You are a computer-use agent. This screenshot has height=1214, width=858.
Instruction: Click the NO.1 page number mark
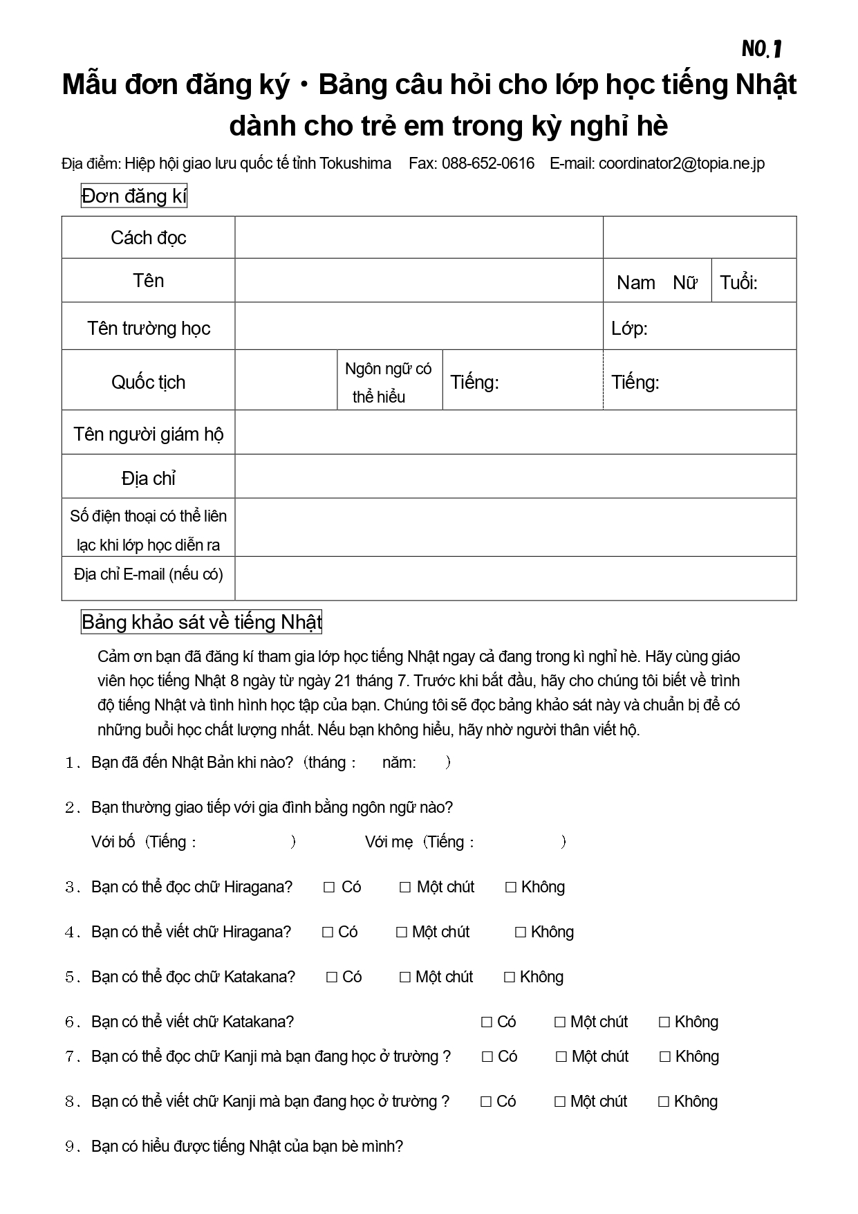point(761,48)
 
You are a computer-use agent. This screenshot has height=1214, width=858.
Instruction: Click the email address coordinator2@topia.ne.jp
point(681,164)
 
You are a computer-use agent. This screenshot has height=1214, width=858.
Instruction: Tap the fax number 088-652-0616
point(487,164)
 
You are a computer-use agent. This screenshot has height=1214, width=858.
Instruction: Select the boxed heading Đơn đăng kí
point(134,196)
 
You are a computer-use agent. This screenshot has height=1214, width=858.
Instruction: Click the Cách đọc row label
point(148,238)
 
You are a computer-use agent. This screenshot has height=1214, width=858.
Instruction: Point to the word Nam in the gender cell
point(635,282)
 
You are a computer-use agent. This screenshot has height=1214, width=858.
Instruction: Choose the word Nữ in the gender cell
point(684,282)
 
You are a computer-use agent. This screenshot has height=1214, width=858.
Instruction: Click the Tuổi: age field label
point(738,282)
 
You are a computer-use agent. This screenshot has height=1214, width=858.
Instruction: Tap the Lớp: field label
point(628,329)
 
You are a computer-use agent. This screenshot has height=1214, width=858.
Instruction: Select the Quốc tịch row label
point(148,382)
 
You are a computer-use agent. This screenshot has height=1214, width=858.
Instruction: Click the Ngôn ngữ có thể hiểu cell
point(389,382)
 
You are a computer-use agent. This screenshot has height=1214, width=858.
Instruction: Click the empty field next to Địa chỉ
point(515,477)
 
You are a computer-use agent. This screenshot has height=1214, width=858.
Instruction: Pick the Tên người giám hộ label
point(148,434)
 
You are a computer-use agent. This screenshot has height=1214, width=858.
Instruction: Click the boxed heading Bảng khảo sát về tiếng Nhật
point(202,623)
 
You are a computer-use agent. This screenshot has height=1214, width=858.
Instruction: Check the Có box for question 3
point(329,887)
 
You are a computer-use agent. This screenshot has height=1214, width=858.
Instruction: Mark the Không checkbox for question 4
point(521,932)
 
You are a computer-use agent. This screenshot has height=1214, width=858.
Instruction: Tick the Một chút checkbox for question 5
point(405,977)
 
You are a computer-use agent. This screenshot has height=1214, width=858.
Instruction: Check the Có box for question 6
point(487,1022)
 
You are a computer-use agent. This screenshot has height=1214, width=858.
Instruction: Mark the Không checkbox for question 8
point(664,1102)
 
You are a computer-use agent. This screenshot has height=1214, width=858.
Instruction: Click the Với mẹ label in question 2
point(389,842)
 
